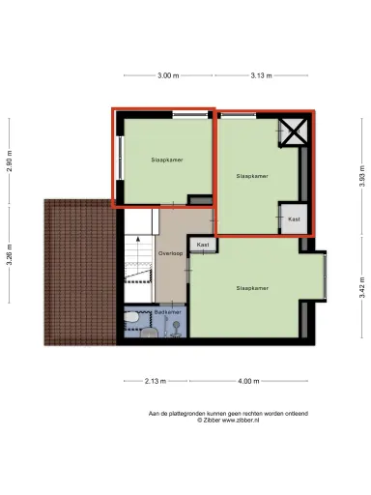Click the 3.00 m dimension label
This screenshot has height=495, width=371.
pyautogui.click(x=167, y=74)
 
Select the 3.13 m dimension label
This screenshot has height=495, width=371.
pyautogui.click(x=260, y=74)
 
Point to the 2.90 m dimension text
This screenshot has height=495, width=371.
pyautogui.click(x=9, y=160)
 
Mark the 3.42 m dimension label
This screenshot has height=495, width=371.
pyautogui.click(x=361, y=287)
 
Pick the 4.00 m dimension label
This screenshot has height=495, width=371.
pyautogui.click(x=249, y=381)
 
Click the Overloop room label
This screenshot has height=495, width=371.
pyautogui.click(x=171, y=252)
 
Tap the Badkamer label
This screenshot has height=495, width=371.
pyautogui.click(x=167, y=312)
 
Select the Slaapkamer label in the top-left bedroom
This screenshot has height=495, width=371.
pyautogui.click(x=166, y=160)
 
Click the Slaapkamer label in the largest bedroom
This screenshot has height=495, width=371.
pyautogui.click(x=251, y=288)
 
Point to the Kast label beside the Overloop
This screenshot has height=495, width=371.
pyautogui.click(x=202, y=246)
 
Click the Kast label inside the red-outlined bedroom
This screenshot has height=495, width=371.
pyautogui.click(x=294, y=219)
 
